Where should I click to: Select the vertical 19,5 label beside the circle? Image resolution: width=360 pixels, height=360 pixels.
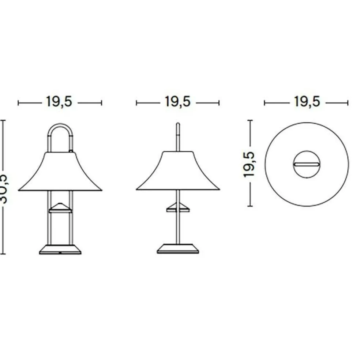pyautogui.click(x=249, y=163)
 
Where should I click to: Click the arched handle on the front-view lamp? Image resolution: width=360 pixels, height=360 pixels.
pyautogui.click(x=60, y=127)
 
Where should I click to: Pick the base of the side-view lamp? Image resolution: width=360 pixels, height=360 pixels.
pyautogui.click(x=178, y=249)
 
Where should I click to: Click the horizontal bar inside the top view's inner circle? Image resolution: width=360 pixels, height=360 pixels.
pyautogui.click(x=307, y=164)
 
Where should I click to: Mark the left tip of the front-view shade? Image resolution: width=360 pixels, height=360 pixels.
pyautogui.click(x=19, y=190)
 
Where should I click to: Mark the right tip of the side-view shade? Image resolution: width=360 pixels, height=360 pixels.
pyautogui.click(x=218, y=189)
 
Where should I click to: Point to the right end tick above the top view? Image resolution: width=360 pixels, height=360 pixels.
pyautogui.click(x=348, y=103)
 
